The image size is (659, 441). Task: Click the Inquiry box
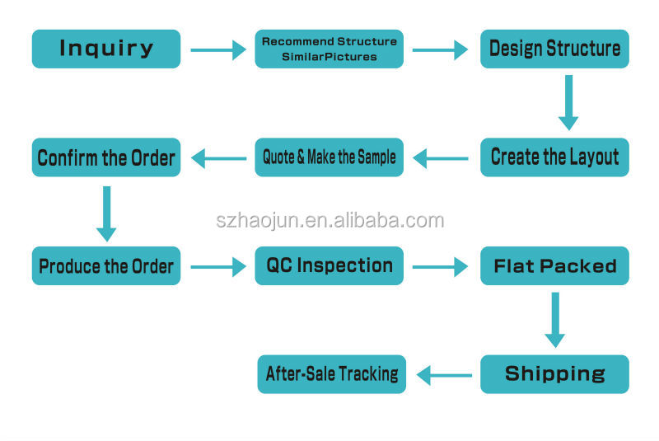coord(105,49)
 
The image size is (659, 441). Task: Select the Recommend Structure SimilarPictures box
coord(329,49)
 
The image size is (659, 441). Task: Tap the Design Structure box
coord(554,49)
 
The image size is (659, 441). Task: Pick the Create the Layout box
coord(554,157)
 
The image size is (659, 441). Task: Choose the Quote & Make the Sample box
coord(329,157)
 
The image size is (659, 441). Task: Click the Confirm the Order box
coord(105,157)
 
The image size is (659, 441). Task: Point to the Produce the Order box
coord(105,265)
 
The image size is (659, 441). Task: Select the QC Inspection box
coord(329,265)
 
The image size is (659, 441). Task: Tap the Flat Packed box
coord(554,265)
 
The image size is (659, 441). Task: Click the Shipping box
coord(554,373)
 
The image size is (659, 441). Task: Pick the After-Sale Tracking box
coord(331,373)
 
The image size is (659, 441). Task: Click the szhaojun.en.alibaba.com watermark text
coord(329,220)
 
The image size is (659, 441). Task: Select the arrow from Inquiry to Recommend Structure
coord(218,49)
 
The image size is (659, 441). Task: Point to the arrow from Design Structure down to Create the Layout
coord(568,102)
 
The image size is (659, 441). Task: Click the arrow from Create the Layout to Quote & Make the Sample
coord(442,157)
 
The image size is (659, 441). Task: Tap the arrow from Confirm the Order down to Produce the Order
coord(106,212)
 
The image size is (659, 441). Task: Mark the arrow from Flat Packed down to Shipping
coord(555,319)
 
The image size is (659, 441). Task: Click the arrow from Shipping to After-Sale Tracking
coord(445,375)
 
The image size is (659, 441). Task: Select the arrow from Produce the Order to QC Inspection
coord(218,265)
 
